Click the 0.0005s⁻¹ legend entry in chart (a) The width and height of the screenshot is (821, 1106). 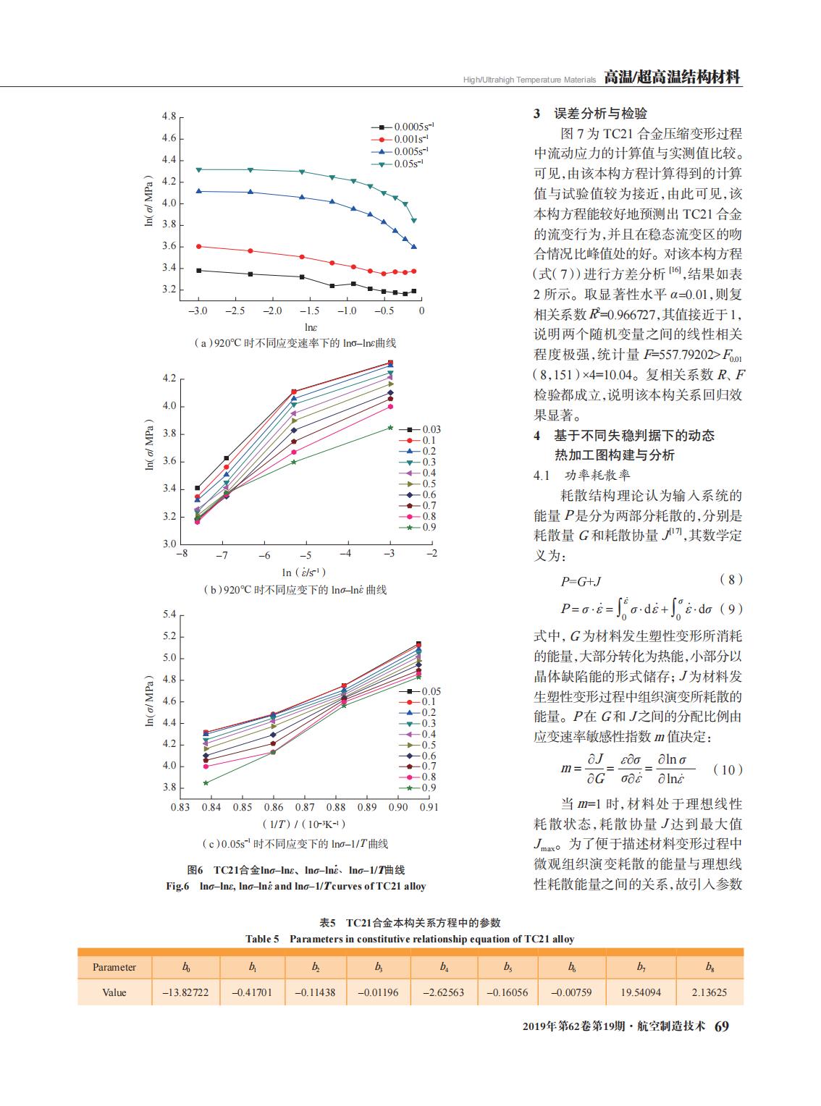(x=403, y=127)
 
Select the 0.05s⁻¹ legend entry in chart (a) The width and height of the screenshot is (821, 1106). (x=397, y=164)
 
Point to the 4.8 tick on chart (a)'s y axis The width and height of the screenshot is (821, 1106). (x=169, y=117)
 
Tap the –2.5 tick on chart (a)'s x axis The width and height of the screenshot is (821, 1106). (x=235, y=311)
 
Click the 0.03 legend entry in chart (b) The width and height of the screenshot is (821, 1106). (x=420, y=429)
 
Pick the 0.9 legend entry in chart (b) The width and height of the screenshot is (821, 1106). (x=418, y=527)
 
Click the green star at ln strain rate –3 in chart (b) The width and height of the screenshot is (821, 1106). (x=390, y=427)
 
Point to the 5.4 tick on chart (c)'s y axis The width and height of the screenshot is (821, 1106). (x=169, y=614)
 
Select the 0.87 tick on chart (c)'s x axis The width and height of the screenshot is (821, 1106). (x=305, y=807)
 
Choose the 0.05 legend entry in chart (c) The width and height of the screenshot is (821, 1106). (x=420, y=691)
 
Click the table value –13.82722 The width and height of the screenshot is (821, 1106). (x=185, y=992)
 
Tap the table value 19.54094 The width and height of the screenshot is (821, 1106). (x=641, y=992)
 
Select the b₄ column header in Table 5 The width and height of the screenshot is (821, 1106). (x=444, y=966)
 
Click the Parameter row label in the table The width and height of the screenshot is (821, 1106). (x=114, y=967)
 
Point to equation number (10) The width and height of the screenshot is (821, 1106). (x=728, y=769)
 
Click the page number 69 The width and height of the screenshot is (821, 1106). (x=722, y=1026)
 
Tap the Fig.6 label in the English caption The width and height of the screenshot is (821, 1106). (x=178, y=886)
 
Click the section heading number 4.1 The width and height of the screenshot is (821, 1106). (x=542, y=476)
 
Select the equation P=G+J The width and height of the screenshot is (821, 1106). (x=581, y=581)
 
